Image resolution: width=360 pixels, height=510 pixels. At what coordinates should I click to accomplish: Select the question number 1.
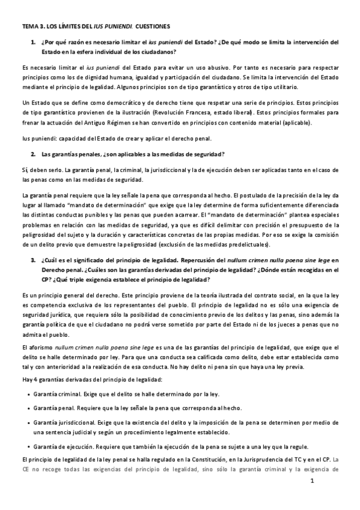click(x=33, y=42)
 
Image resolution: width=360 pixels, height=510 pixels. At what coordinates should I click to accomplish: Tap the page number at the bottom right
click(x=329, y=482)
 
